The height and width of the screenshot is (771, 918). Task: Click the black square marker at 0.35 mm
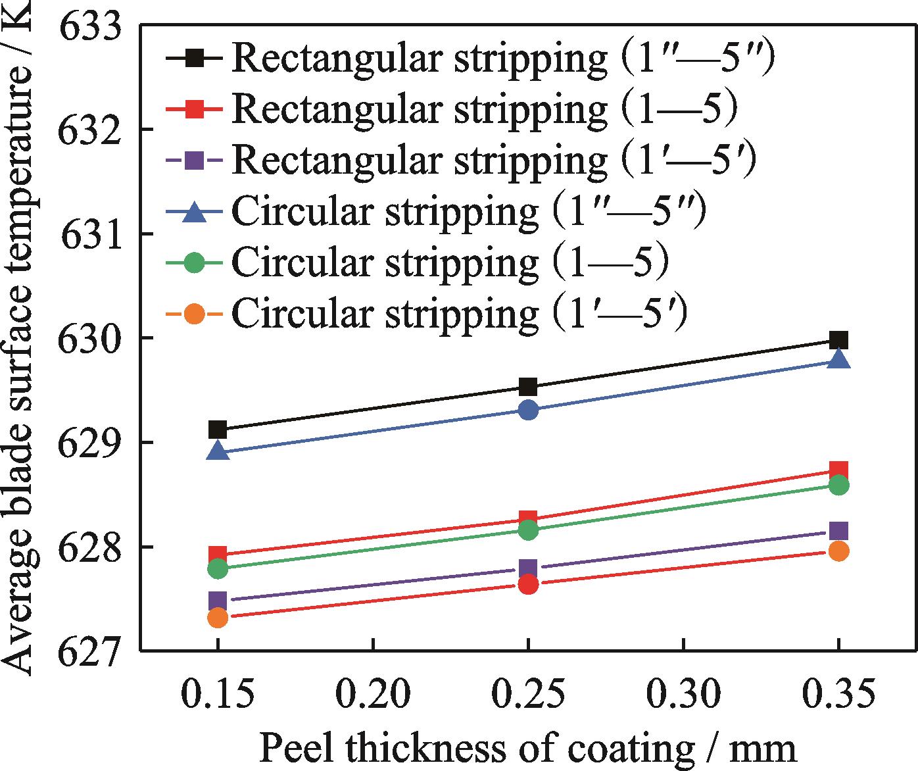tap(838, 340)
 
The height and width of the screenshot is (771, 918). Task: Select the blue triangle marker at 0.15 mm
tap(218, 452)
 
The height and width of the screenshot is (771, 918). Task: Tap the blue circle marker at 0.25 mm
tap(528, 410)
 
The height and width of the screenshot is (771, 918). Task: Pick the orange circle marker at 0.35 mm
tap(838, 551)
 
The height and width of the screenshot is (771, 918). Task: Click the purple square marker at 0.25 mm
tap(528, 568)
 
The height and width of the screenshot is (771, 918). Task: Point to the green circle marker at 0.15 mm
tap(218, 568)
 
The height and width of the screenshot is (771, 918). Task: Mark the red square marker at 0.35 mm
tap(838, 470)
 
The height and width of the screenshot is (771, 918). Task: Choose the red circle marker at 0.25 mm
tap(528, 584)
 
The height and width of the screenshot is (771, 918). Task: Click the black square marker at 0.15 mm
tap(218, 430)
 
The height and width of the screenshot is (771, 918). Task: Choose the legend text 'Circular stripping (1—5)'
tap(450, 262)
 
